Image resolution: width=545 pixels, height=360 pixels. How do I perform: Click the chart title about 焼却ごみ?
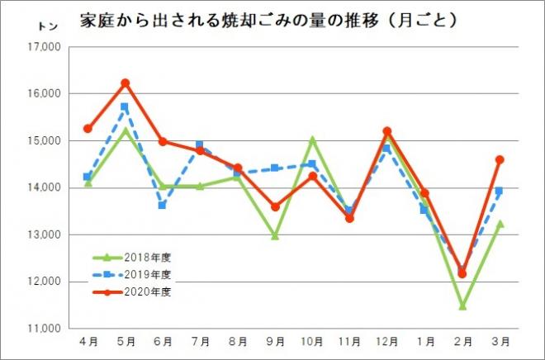click(268, 19)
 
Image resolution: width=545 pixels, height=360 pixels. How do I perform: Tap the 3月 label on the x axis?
click(500, 340)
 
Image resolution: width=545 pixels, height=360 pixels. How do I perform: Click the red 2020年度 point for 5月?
click(126, 83)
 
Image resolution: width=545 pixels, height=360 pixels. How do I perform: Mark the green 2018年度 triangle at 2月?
click(462, 306)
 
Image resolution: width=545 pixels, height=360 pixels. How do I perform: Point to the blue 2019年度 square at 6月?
click(163, 205)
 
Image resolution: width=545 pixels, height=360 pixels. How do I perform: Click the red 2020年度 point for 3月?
click(500, 159)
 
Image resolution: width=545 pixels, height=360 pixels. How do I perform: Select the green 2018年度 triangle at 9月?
click(275, 235)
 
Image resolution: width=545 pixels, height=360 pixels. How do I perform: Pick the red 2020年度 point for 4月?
click(88, 128)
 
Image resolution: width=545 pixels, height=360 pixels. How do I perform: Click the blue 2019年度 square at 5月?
click(125, 107)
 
